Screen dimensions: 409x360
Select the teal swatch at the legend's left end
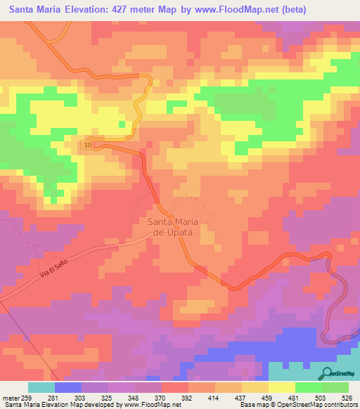41,387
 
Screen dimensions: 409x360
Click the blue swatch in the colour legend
68,387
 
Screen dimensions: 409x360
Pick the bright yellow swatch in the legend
282,387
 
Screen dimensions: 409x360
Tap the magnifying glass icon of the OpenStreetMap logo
328,373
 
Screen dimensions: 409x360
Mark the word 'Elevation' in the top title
91,11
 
